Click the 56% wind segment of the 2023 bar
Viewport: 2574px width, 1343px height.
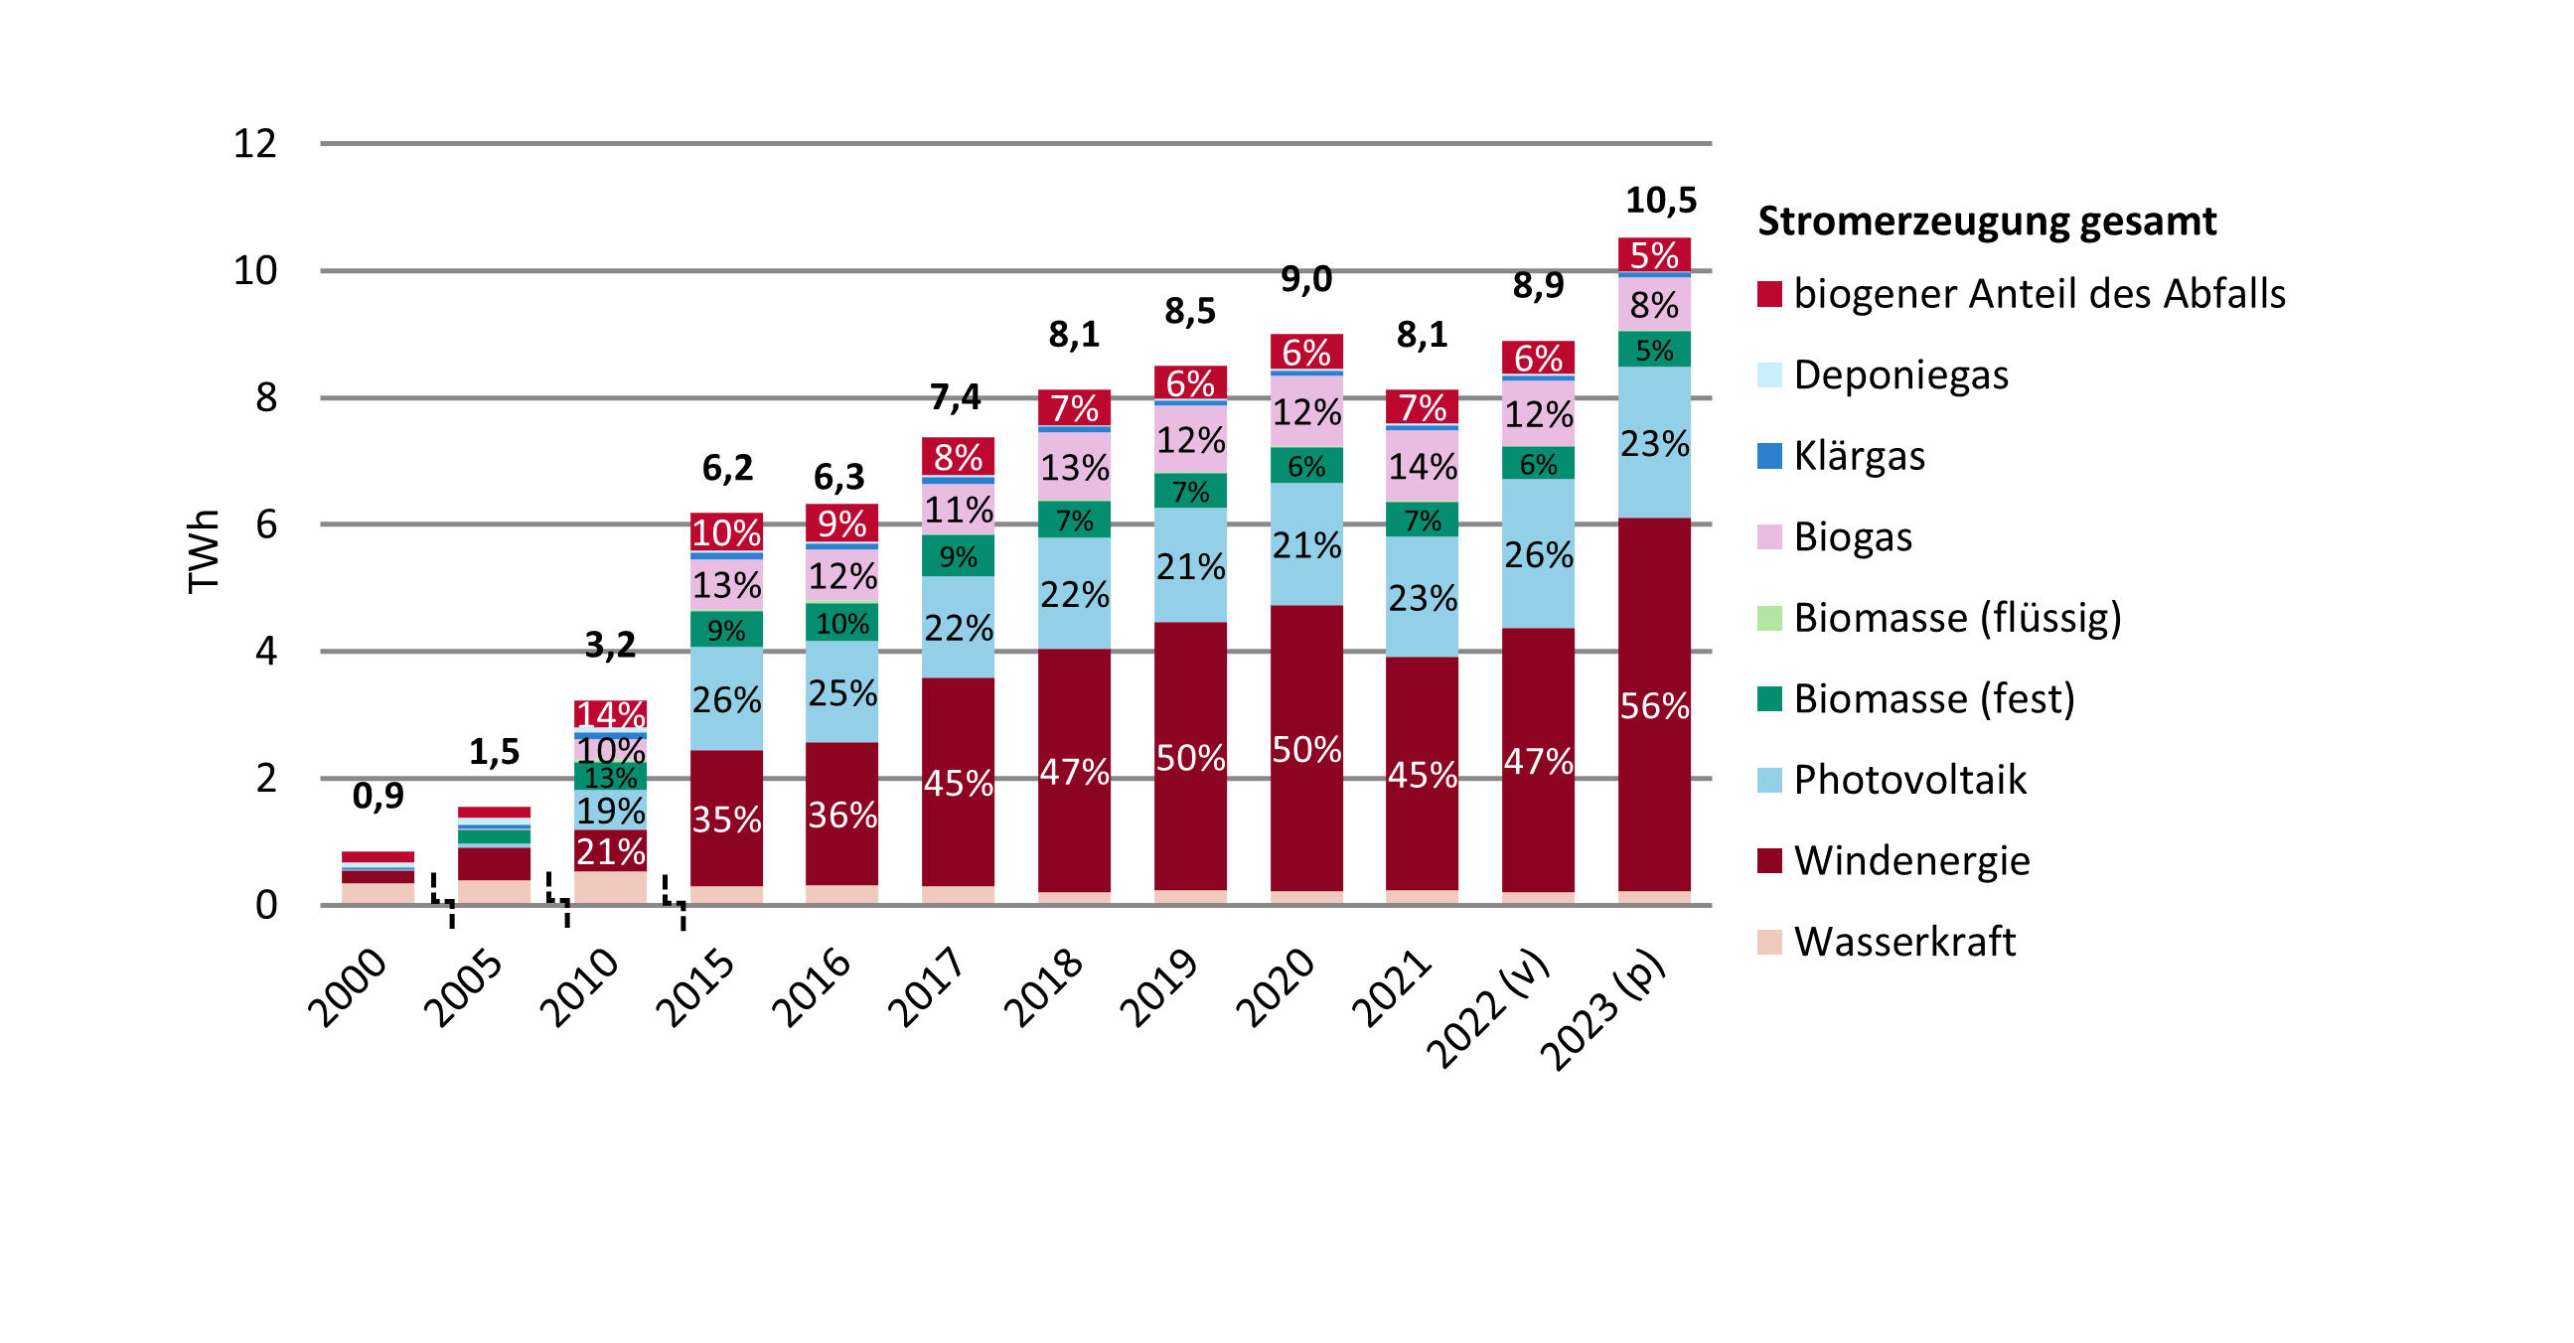point(1654,705)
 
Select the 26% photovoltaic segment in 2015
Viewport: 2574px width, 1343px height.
point(726,698)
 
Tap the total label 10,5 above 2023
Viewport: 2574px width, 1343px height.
point(1661,201)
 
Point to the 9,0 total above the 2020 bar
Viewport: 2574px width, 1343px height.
point(1306,279)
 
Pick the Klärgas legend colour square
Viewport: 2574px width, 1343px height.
point(1769,456)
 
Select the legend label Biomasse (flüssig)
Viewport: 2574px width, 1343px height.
point(1956,618)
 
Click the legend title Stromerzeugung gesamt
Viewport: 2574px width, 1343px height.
point(1987,221)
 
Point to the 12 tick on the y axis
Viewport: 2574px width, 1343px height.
point(254,144)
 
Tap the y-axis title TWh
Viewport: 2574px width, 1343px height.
point(203,551)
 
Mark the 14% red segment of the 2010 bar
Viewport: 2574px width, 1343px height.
point(611,713)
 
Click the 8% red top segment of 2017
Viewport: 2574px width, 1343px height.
point(959,457)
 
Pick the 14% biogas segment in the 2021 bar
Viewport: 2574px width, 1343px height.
point(1422,466)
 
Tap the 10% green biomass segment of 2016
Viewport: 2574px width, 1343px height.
point(842,624)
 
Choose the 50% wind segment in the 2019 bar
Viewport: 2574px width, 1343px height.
point(1190,758)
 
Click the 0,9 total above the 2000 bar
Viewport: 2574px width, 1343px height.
point(379,796)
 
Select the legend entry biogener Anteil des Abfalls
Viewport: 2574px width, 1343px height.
point(2039,294)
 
